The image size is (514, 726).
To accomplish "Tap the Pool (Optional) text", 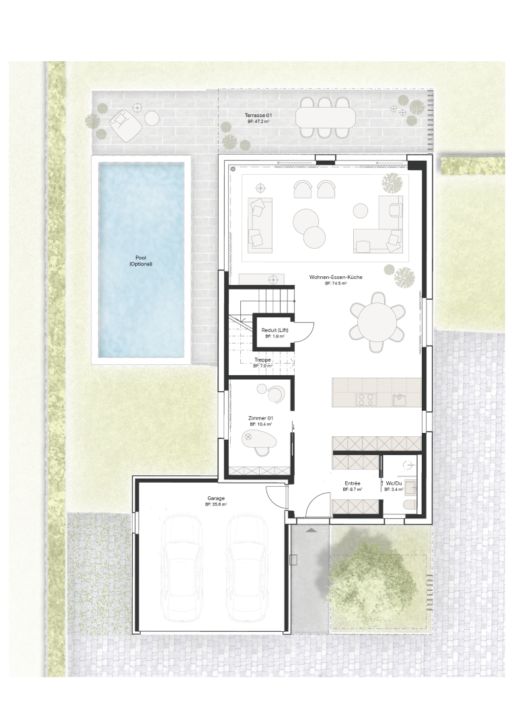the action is click(141, 261).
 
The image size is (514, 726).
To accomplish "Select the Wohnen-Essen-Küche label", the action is click(336, 277).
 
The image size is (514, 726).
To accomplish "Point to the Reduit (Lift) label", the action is click(275, 330).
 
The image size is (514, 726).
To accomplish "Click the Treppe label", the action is click(262, 360).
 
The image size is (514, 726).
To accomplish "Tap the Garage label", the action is click(215, 498).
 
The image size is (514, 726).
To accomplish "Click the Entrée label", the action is click(353, 483).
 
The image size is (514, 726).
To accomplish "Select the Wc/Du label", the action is click(394, 483).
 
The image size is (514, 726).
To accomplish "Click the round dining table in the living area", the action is click(377, 321).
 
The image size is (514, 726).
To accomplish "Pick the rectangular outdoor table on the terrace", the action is click(326, 117).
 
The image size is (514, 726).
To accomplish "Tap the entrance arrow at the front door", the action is click(311, 529).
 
